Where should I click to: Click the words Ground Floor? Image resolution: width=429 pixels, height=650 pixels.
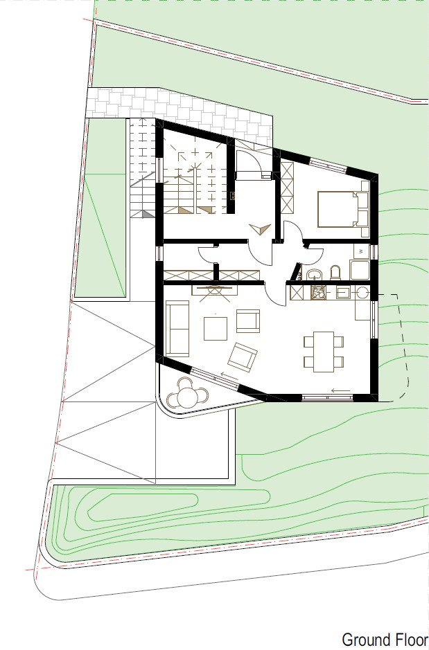385,640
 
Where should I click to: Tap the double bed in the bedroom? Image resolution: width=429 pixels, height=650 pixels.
343,209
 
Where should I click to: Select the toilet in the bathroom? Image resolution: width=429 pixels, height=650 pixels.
335,273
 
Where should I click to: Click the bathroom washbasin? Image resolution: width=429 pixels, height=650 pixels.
314,274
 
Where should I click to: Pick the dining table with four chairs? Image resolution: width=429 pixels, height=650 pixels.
324,352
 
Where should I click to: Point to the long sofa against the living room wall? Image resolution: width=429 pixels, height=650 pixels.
177,328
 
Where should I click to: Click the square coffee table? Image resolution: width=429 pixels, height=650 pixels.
216,329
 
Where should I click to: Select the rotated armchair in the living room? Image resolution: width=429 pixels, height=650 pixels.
243,357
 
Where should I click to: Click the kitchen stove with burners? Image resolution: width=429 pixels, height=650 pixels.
318,293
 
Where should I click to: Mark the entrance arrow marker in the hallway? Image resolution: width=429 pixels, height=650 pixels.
260,229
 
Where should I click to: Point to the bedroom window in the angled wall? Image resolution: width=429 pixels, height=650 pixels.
328,165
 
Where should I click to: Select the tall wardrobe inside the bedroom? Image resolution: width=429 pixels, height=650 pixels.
287,188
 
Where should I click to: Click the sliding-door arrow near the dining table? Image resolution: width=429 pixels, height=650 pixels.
340,390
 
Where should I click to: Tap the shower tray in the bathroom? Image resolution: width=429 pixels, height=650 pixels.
359,270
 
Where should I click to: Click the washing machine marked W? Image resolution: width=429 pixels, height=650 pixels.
361,251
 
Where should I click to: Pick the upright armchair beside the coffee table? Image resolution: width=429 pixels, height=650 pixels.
248,321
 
